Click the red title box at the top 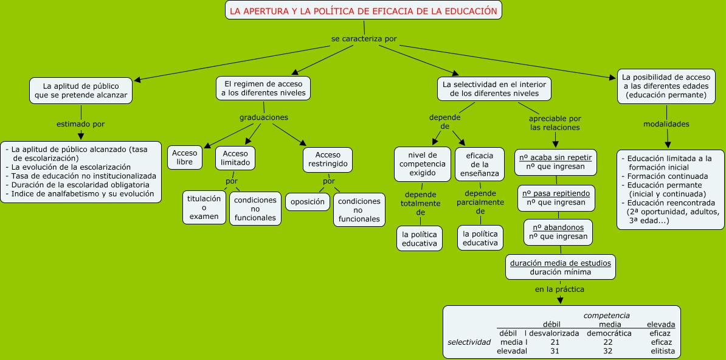(364, 10)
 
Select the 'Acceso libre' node (185, 157)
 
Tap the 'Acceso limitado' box (235, 158)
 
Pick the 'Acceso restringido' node (328, 159)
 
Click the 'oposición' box (308, 201)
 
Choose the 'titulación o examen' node (204, 207)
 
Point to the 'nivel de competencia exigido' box (422, 164)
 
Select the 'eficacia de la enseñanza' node (479, 164)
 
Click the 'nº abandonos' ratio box (558, 232)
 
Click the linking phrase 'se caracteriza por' (364, 39)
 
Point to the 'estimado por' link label (80, 124)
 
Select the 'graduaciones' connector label (263, 117)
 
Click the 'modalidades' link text (666, 125)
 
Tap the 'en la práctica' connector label (559, 289)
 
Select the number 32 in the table (608, 351)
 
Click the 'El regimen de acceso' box (263, 88)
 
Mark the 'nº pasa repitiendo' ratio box (556, 198)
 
